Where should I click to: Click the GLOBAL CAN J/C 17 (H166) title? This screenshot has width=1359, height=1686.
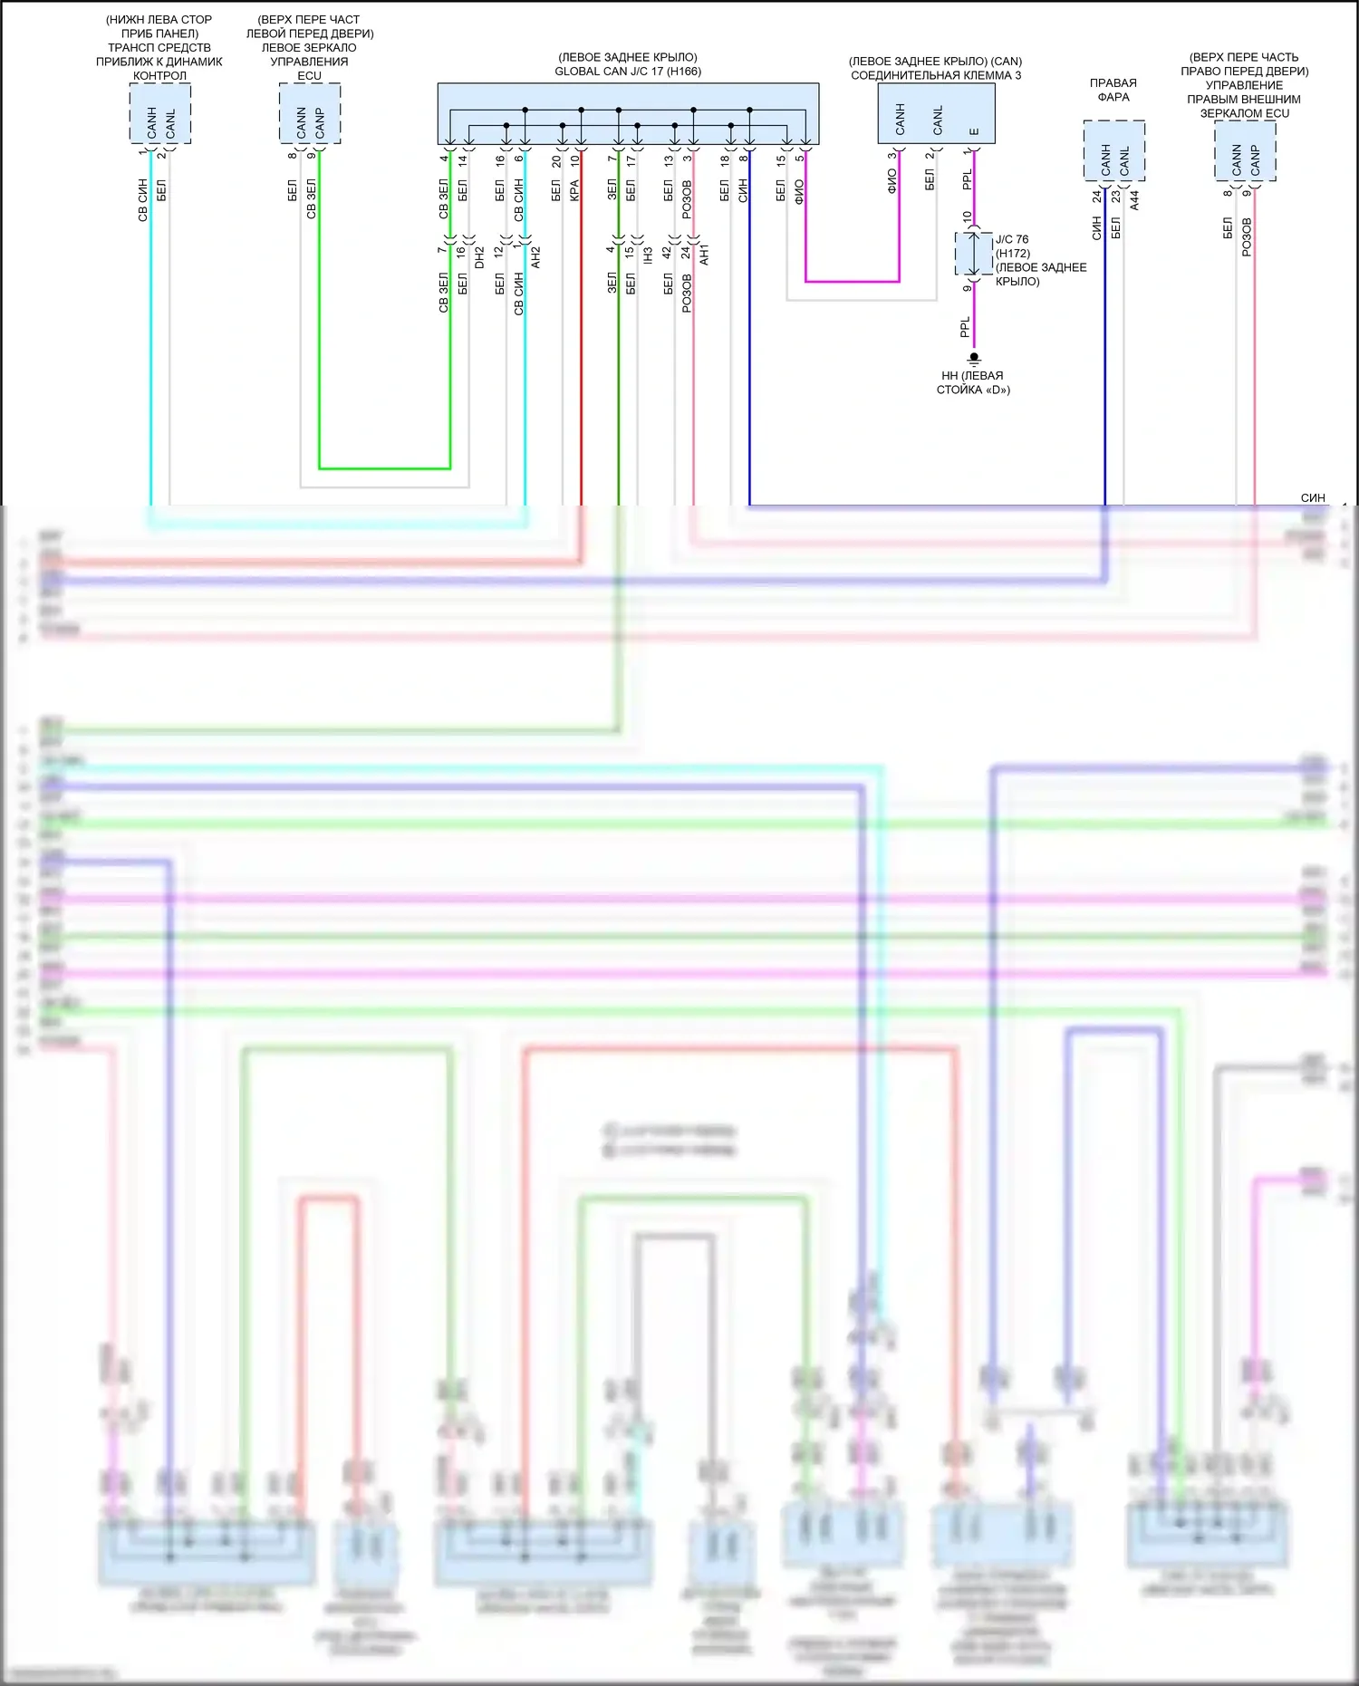click(x=628, y=72)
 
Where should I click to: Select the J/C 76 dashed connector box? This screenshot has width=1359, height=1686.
click(x=973, y=254)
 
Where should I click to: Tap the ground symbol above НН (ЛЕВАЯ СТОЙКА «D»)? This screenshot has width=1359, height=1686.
click(x=974, y=359)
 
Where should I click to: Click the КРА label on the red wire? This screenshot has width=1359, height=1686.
click(x=574, y=191)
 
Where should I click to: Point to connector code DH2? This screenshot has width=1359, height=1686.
click(x=480, y=257)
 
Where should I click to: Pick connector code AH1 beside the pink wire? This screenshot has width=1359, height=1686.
click(x=705, y=255)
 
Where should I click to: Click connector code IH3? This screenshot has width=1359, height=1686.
click(x=649, y=255)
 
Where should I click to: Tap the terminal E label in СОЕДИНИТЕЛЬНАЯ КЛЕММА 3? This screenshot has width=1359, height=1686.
click(x=974, y=131)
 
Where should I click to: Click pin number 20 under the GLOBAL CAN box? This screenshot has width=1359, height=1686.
click(x=556, y=160)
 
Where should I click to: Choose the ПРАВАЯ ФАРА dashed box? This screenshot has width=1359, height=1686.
click(x=1113, y=150)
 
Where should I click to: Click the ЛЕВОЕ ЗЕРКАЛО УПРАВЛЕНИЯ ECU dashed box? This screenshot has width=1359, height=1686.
click(x=310, y=113)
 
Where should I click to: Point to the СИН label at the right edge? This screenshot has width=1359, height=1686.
click(x=1312, y=497)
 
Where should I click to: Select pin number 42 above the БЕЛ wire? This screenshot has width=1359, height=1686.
click(x=667, y=253)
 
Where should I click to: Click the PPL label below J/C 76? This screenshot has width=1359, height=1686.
click(x=965, y=327)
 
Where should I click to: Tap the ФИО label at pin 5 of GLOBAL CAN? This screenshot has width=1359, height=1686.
click(x=799, y=192)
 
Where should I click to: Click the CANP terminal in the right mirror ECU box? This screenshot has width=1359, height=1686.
click(x=1255, y=160)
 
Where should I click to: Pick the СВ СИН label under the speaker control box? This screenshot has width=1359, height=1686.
click(x=142, y=200)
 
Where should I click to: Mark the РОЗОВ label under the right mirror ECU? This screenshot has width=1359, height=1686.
click(x=1247, y=237)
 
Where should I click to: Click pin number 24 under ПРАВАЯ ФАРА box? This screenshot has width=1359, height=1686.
click(x=1096, y=196)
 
